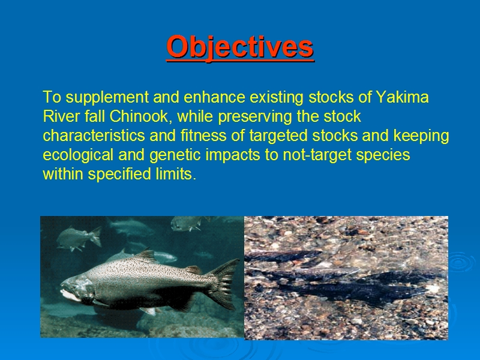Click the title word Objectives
coord(240,47)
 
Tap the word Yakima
coord(402,97)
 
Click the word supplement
coord(107,98)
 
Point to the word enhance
coord(214,97)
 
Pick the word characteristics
coord(94,136)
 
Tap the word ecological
coord(78,155)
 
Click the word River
coord(62,116)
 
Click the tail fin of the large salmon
coord(222,283)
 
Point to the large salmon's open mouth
coord(70,293)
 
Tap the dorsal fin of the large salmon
coord(146,256)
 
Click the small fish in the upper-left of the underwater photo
coord(79,239)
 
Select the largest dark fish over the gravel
coord(352,292)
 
